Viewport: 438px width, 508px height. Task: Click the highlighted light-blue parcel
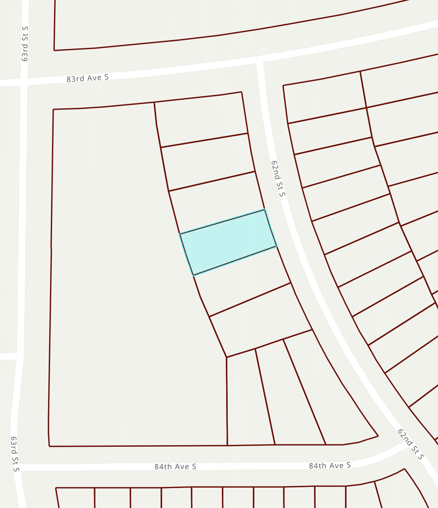[x=228, y=242]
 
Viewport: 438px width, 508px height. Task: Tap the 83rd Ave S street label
[x=87, y=78]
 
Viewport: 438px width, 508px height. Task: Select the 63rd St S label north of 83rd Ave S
[x=25, y=44]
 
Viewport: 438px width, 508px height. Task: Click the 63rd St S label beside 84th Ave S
[x=15, y=454]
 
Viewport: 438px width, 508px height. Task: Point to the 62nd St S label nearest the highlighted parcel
[x=278, y=178]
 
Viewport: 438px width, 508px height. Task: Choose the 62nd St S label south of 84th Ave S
[x=411, y=444]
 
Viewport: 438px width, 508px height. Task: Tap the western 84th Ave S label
[x=175, y=466]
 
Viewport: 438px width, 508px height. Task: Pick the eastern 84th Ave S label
[x=330, y=465]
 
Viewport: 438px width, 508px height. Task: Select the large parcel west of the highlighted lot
[x=119, y=278]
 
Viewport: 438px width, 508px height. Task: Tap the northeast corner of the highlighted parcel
[x=264, y=209]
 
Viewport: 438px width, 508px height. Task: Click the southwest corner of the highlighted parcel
[x=193, y=275]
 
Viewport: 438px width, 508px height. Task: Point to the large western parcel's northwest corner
[x=53, y=109]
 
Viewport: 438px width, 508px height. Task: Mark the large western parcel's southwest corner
[x=49, y=446]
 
